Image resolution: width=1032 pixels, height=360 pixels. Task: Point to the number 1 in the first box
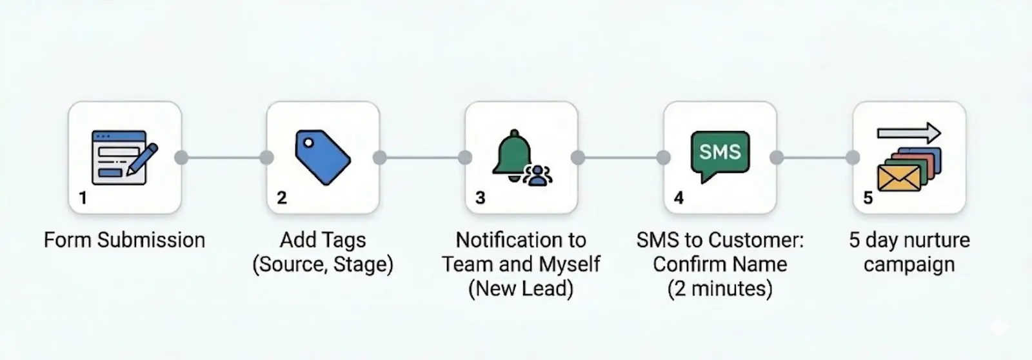(x=83, y=197)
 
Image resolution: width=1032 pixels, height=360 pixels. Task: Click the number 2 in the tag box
(x=281, y=197)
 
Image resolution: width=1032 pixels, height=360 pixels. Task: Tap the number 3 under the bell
(x=480, y=197)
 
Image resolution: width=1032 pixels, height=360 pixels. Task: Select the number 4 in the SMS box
(x=679, y=197)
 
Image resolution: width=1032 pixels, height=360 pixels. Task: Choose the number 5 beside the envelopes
(x=868, y=197)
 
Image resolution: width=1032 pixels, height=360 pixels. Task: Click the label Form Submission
(x=124, y=240)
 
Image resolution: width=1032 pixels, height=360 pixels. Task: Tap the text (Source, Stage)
(x=322, y=265)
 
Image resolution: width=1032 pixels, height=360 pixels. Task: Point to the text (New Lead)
(x=521, y=288)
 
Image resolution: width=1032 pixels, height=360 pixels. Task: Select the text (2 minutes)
(x=720, y=288)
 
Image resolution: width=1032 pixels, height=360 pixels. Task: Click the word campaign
(x=909, y=265)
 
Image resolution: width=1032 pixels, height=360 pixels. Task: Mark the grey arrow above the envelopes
(x=909, y=134)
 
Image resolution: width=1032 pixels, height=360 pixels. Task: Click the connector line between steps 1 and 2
(x=224, y=157)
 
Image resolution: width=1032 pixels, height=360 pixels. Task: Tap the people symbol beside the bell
(x=537, y=175)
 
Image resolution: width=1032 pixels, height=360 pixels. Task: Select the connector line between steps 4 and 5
(x=815, y=157)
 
